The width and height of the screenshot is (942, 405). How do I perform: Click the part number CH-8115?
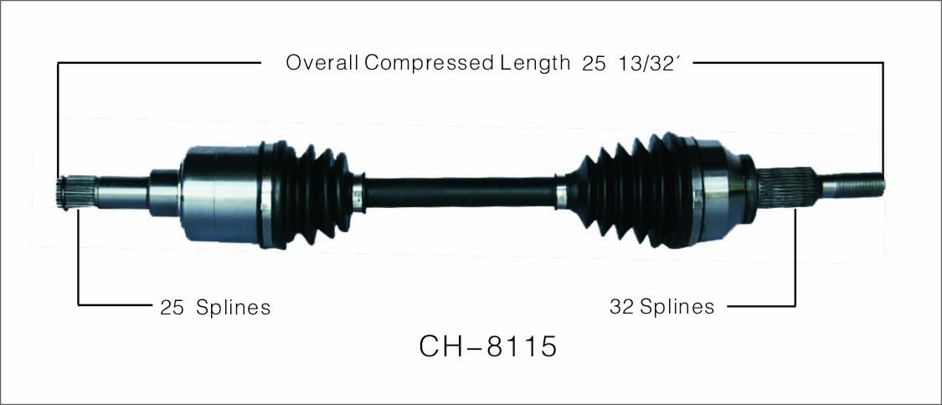pyautogui.click(x=488, y=346)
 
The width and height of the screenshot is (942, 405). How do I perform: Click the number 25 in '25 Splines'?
pyautogui.click(x=172, y=308)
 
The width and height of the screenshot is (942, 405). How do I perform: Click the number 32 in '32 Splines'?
pyautogui.click(x=622, y=307)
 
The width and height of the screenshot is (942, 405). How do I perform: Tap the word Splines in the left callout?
pyautogui.click(x=233, y=308)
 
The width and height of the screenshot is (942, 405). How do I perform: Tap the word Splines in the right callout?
pyautogui.click(x=677, y=307)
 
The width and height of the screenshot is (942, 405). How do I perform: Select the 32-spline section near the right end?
pyautogui.click(x=787, y=188)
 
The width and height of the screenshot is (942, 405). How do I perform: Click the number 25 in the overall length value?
pyautogui.click(x=594, y=64)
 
